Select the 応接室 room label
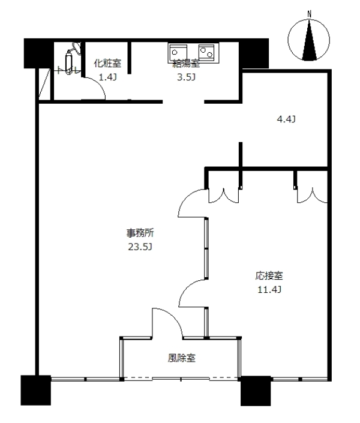click(269, 277)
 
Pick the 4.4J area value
click(286, 119)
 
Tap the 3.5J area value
click(186, 77)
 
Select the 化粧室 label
click(107, 62)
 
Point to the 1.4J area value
click(107, 77)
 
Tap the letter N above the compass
click(310, 13)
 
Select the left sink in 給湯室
click(178, 51)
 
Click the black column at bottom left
click(35, 390)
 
